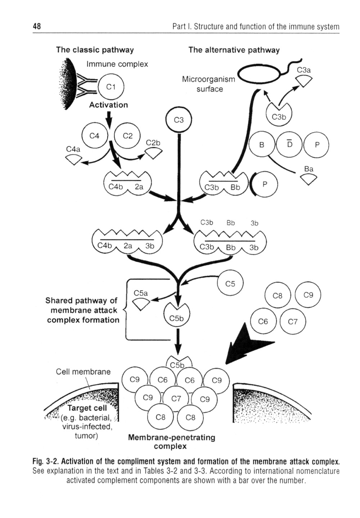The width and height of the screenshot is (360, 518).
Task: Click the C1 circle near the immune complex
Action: click(x=111, y=87)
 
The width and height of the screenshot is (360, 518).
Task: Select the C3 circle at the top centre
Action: click(x=179, y=120)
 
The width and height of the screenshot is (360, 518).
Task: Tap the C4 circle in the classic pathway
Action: click(x=94, y=136)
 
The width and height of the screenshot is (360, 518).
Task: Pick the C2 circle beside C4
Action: click(x=127, y=136)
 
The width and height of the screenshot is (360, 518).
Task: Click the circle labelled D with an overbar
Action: click(x=289, y=145)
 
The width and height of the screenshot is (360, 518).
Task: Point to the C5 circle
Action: click(x=230, y=284)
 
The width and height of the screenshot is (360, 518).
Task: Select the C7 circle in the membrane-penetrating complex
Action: click(x=176, y=398)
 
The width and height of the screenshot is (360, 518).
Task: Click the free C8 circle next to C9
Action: click(x=277, y=296)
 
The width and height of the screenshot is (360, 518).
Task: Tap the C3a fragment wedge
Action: click(x=304, y=81)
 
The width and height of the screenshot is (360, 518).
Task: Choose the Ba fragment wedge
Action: click(x=309, y=179)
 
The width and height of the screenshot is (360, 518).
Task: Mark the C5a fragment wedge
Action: click(x=141, y=304)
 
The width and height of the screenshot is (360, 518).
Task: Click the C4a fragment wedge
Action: click(x=74, y=159)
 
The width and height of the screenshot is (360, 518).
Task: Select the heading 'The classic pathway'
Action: click(x=95, y=50)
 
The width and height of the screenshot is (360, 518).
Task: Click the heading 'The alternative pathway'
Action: click(x=234, y=50)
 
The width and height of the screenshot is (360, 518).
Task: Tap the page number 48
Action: click(x=37, y=26)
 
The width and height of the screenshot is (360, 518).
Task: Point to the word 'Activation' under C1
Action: click(x=108, y=105)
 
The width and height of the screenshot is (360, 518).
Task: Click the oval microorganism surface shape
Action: click(x=258, y=75)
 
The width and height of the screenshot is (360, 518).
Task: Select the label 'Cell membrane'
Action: click(x=83, y=371)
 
